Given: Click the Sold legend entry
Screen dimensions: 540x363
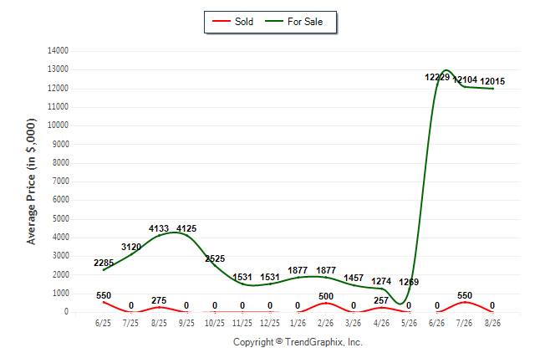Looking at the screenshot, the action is click(233, 22).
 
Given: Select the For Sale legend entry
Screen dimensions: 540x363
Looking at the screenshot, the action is click(293, 22).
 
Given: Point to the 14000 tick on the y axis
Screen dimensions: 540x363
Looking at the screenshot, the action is click(58, 51).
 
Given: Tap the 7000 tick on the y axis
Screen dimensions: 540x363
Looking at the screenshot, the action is click(61, 181).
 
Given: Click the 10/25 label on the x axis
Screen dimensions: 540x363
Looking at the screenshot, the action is click(215, 323).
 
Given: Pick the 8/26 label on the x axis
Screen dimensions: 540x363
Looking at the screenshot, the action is click(492, 323).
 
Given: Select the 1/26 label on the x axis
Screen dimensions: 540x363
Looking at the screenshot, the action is click(298, 323).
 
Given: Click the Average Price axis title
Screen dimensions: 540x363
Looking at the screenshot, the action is click(31, 181).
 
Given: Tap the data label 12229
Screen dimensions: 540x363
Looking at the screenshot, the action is click(437, 77).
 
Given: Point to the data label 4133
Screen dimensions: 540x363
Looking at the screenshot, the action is click(159, 228).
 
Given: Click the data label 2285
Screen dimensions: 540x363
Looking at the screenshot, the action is click(104, 263).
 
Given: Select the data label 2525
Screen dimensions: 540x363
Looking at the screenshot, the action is click(215, 258).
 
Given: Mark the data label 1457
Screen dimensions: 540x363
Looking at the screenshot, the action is click(354, 278).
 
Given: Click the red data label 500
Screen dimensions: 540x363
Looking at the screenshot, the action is click(326, 296).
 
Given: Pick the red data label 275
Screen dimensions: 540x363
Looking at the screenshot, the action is click(159, 300).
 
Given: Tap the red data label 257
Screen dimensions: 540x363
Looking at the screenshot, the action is click(381, 300).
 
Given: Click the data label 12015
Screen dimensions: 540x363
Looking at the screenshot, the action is click(492, 81).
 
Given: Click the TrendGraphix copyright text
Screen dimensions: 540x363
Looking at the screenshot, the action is click(298, 342).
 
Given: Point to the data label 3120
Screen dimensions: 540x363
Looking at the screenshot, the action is click(131, 247).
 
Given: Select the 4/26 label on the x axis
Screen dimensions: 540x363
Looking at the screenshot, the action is click(381, 323).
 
